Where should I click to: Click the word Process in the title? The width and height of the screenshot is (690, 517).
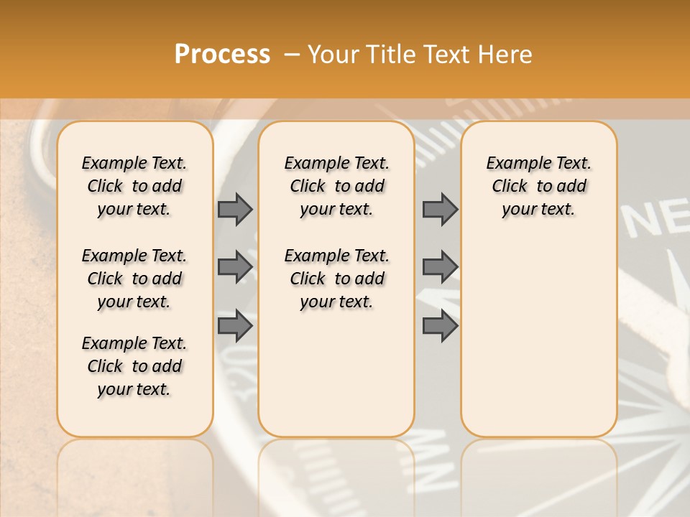[222, 55]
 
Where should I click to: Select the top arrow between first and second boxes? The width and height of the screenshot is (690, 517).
[235, 209]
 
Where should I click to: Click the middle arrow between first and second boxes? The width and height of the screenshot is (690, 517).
[235, 267]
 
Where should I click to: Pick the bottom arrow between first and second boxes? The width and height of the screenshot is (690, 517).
[235, 325]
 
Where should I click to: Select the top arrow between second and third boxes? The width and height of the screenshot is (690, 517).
[440, 209]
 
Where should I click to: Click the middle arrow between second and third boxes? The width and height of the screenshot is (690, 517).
[440, 267]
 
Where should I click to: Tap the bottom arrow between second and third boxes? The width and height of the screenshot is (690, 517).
[440, 325]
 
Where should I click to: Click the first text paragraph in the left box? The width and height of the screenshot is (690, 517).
[134, 186]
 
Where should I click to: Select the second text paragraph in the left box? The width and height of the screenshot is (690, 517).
[134, 279]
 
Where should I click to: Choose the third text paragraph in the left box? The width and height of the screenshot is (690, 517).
[134, 366]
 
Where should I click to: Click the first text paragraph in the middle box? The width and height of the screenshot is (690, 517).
[337, 186]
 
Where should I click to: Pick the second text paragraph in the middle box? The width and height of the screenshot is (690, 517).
[337, 279]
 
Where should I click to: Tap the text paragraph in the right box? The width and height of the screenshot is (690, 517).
[539, 186]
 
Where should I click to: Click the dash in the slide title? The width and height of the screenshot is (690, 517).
[292, 55]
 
